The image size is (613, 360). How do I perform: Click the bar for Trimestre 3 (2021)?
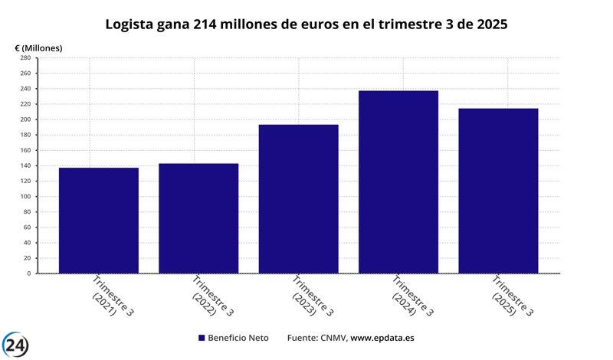(x=98, y=220)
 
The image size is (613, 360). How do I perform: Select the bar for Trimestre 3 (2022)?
(x=198, y=218)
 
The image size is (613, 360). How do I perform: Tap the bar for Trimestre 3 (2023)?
(x=298, y=198)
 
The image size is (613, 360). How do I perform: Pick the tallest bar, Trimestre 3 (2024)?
(x=398, y=182)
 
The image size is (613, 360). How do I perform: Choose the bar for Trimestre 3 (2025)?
(x=498, y=191)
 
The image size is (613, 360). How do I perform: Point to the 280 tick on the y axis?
(x=25, y=58)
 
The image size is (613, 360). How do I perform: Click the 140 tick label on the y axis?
(x=25, y=165)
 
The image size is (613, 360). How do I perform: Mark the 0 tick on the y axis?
(x=28, y=273)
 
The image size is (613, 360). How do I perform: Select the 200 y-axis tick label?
(x=25, y=119)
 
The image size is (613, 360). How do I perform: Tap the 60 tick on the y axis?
(x=27, y=227)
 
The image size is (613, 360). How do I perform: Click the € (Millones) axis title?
(x=38, y=47)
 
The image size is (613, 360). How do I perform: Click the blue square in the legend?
(x=202, y=338)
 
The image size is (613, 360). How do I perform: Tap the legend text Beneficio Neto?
(x=239, y=338)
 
